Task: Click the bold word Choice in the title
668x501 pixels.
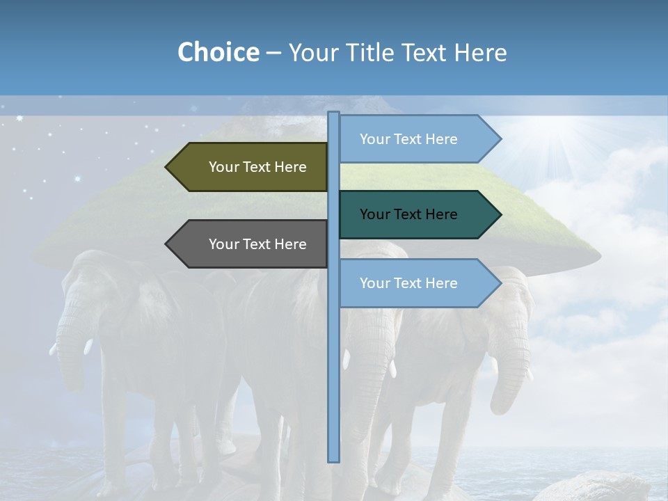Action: [x=218, y=52]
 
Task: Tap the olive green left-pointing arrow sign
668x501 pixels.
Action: [x=250, y=167]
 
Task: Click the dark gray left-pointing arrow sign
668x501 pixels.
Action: [x=250, y=244]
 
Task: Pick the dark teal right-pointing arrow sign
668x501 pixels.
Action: [x=417, y=214]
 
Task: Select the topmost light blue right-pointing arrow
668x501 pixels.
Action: [x=417, y=138]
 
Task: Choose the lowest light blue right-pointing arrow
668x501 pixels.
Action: [x=417, y=283]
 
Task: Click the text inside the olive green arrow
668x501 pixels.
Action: [x=257, y=167]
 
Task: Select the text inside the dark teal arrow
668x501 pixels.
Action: [x=408, y=214]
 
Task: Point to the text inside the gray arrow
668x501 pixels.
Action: [x=257, y=244]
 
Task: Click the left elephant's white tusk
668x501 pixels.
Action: [x=88, y=346]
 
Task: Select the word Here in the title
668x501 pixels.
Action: [x=480, y=52]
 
